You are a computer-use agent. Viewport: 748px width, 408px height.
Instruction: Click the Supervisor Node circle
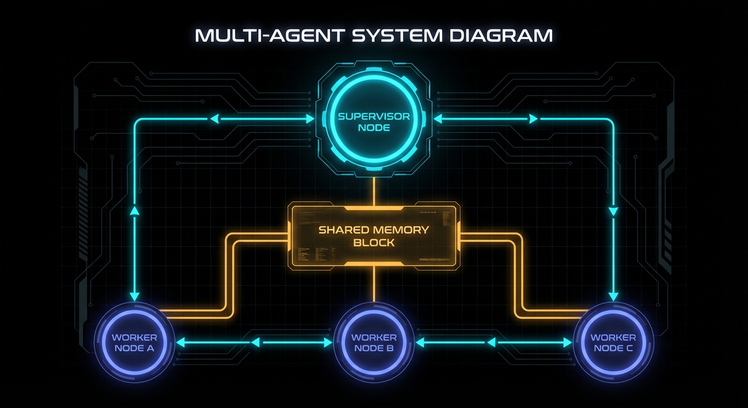tap(373, 122)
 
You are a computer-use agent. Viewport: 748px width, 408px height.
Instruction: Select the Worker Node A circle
tap(134, 343)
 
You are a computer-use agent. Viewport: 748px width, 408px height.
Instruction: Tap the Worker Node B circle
tap(373, 343)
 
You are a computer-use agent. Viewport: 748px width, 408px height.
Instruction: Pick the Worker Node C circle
tap(613, 343)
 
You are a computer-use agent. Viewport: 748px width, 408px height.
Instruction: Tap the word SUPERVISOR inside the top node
tap(373, 116)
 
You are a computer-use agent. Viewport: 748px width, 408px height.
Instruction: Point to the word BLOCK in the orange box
tap(373, 243)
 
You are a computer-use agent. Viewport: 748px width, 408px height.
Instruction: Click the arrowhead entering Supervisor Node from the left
tap(311, 120)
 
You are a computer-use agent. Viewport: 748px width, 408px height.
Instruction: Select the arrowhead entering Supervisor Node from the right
tap(438, 120)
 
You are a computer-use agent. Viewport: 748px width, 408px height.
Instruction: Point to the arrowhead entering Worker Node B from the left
tap(328, 343)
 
